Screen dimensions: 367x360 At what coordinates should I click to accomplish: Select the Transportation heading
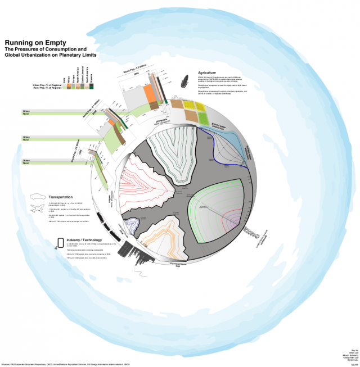click(64, 198)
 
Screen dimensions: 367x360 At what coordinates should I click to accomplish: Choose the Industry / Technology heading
click(85, 240)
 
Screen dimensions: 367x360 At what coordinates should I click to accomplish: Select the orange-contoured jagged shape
click(164, 239)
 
